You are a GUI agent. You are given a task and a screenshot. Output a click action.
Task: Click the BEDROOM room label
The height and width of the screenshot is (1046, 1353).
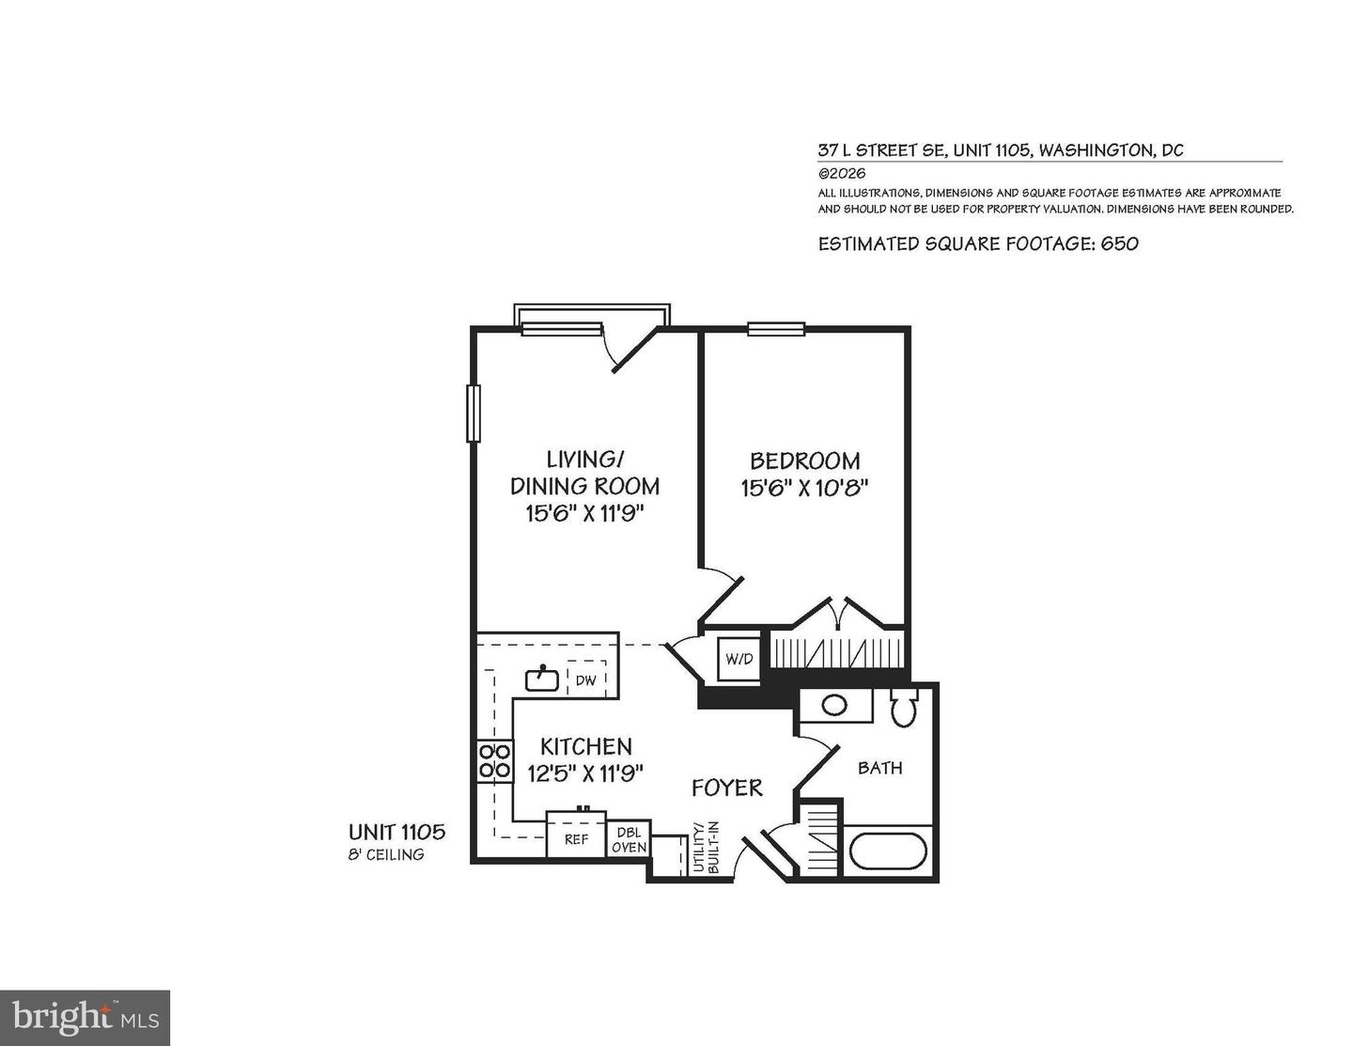[804, 461]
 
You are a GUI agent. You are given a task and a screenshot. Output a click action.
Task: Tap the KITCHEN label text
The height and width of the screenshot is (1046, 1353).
[585, 746]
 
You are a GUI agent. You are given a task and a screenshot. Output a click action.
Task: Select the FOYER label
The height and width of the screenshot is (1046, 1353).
[726, 788]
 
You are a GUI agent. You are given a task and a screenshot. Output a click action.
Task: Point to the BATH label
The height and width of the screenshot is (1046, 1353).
[880, 768]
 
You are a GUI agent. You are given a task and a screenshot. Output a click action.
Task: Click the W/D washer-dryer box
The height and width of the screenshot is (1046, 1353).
[739, 659]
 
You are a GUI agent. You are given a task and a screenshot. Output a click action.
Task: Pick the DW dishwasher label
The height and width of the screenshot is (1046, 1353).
[585, 679]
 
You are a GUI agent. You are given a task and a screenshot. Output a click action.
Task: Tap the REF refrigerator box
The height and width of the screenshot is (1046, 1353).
[576, 839]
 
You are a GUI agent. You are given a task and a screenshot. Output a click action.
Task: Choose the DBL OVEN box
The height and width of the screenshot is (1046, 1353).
[630, 840]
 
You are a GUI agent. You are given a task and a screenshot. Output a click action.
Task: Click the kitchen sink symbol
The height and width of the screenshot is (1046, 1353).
[542, 678]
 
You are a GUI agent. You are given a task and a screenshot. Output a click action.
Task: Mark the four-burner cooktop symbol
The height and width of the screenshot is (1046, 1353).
[494, 760]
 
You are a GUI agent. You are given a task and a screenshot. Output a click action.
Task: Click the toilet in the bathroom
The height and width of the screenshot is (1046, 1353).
[904, 709]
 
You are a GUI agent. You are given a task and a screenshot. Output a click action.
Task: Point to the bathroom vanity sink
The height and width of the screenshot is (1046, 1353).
[832, 705]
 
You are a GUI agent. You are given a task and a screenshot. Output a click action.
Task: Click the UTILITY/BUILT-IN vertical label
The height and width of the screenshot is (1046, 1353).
[707, 849]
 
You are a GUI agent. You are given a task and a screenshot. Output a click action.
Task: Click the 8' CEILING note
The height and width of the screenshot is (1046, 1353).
[386, 854]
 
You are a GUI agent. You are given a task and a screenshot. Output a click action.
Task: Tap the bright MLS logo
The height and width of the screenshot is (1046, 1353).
[86, 1018]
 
